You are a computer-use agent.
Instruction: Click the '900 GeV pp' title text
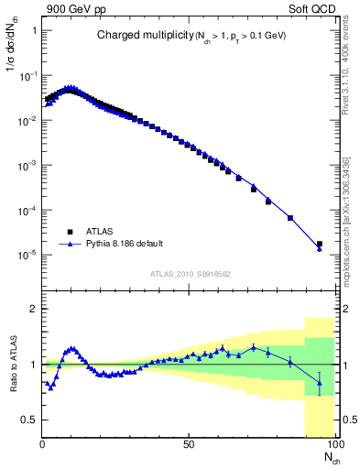pos(71,8)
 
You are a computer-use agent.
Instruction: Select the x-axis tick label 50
pos(188,444)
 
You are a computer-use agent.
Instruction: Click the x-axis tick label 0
pos(43,444)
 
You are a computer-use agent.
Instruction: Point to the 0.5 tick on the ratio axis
pos(29,420)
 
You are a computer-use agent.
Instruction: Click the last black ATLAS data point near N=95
pos(319,245)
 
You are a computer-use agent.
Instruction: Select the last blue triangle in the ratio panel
pos(319,384)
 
